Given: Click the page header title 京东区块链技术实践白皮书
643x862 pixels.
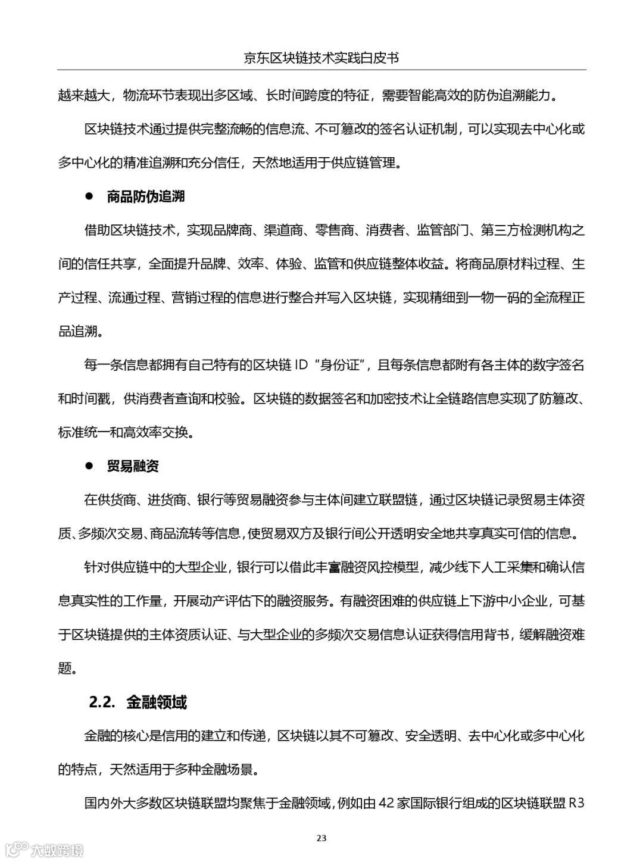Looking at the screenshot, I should [x=321, y=57].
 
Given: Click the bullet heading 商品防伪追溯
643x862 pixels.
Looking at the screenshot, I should [x=146, y=196].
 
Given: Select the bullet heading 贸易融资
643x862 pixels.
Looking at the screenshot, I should [x=133, y=466].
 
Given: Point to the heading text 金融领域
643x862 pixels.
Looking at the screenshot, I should [x=157, y=702].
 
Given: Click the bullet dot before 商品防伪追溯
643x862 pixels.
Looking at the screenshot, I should [x=90, y=196].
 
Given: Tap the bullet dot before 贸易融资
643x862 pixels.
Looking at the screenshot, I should [x=90, y=466].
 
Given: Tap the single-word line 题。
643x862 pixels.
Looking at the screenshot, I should [x=67, y=669].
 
